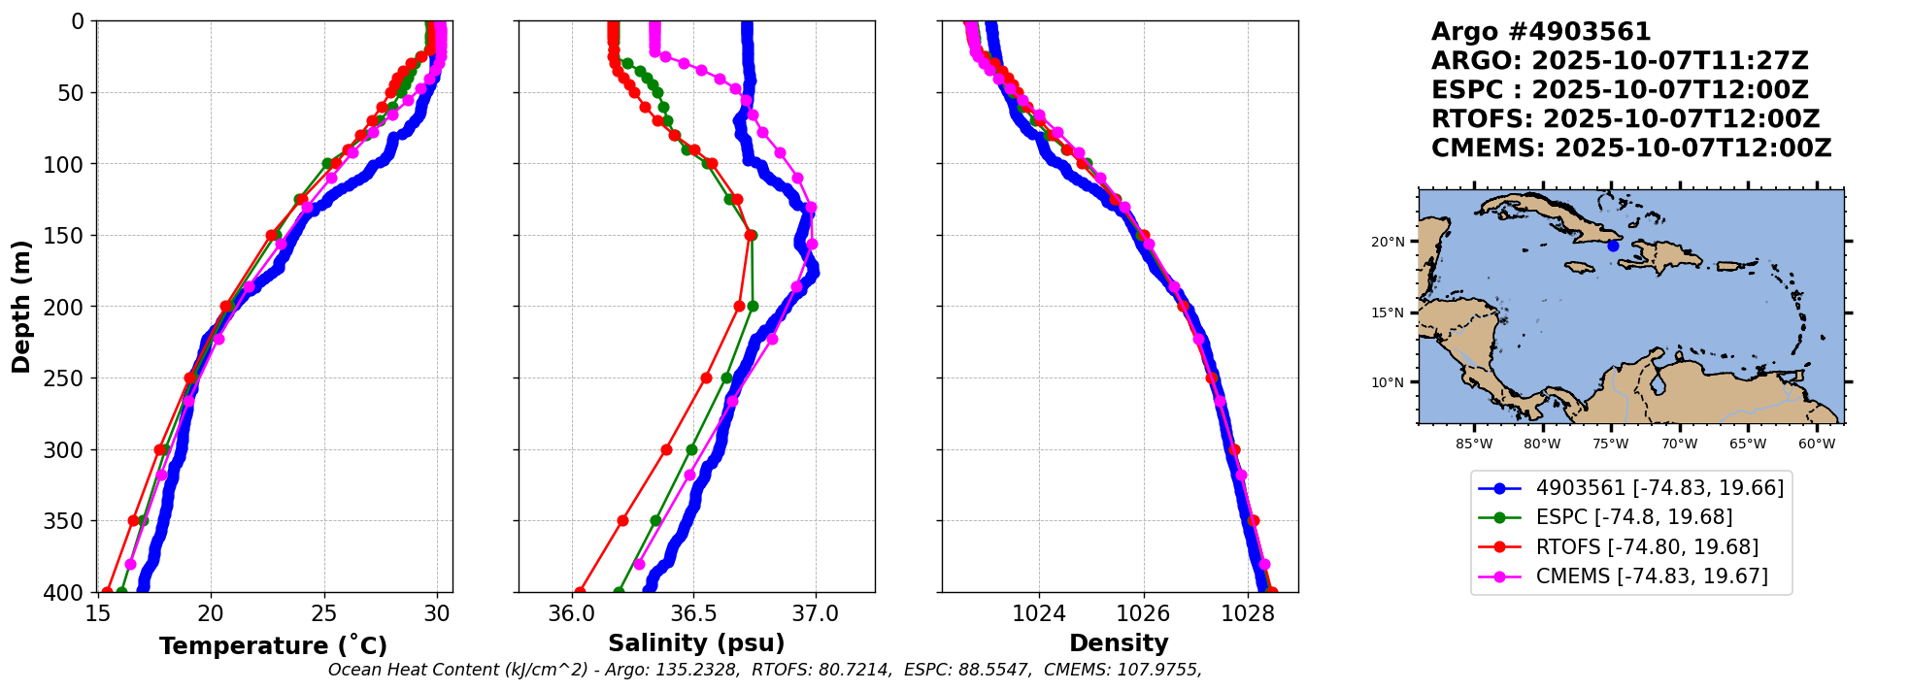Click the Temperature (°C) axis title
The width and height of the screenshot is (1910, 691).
click(273, 646)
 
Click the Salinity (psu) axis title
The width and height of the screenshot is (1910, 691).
click(696, 643)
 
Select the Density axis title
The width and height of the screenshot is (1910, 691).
click(1119, 643)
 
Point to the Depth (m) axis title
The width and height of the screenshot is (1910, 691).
click(21, 307)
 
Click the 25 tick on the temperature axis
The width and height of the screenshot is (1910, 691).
click(323, 614)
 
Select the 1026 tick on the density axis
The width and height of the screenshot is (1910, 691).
click(1143, 614)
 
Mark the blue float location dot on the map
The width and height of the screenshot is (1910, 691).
click(1613, 246)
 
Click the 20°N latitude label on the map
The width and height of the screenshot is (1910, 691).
click(1388, 242)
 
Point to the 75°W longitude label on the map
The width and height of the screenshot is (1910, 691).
click(1610, 444)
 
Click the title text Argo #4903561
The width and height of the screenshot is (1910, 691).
click(1540, 32)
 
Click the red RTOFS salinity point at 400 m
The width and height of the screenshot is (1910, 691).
click(580, 592)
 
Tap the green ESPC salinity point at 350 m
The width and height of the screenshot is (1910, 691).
click(655, 521)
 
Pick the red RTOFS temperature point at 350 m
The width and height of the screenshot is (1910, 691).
click(134, 521)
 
